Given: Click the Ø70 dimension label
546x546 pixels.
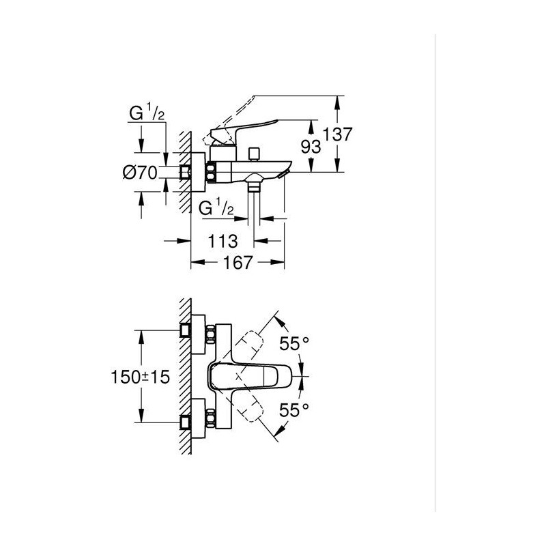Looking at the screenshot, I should point(140,173).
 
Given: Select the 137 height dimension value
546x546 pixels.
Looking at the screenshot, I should point(338,134).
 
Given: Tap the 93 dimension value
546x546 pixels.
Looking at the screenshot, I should point(311,147).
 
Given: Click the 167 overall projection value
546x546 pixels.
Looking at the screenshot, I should point(237,263).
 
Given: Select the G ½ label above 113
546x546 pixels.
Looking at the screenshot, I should point(218,208).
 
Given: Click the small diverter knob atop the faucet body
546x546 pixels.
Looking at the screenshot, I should point(255,153).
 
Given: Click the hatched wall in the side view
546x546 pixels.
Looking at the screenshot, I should point(184,171).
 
